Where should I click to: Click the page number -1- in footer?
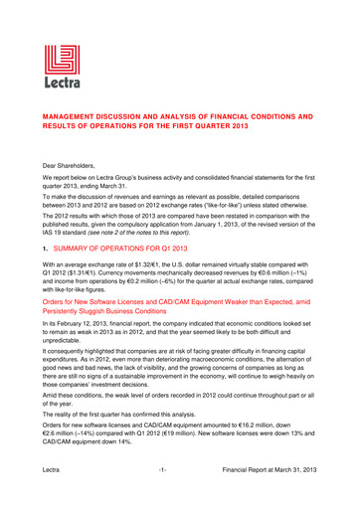179,494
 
